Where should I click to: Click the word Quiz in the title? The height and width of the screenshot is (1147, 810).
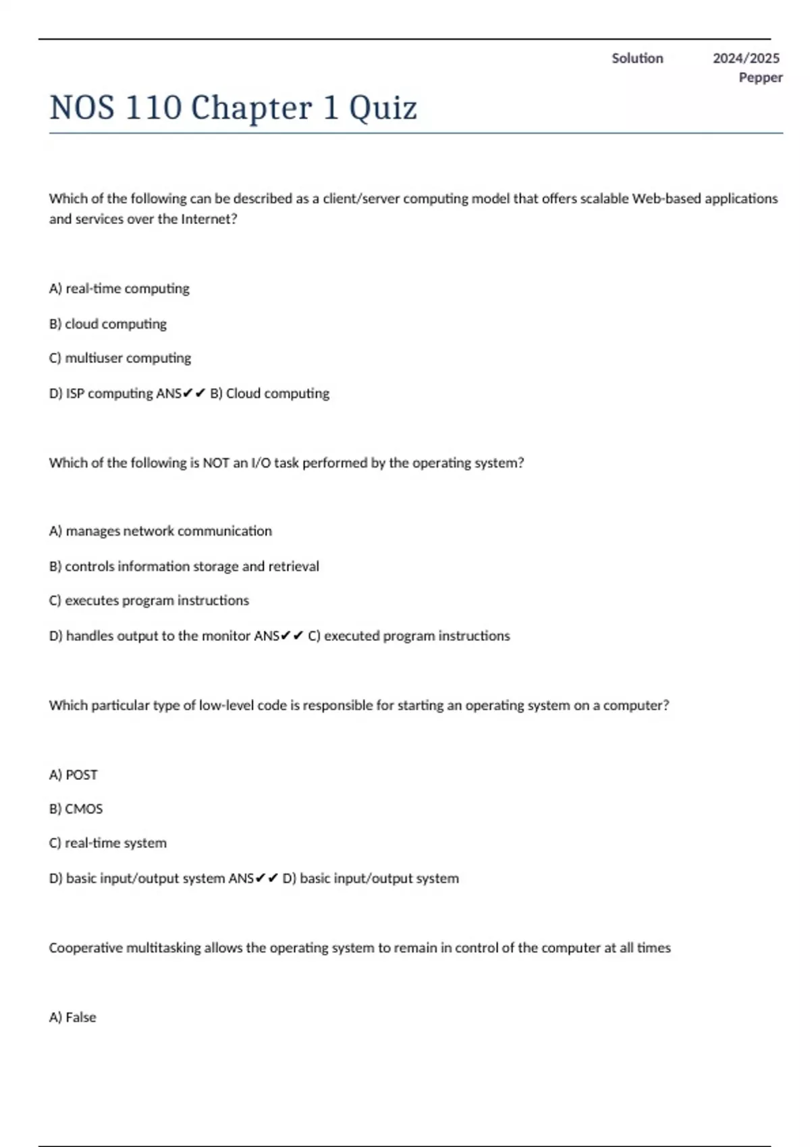point(383,108)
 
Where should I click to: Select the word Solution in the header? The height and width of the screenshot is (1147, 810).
point(637,59)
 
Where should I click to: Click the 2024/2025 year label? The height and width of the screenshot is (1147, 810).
point(746,59)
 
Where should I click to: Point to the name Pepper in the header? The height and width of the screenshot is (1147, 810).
point(760,78)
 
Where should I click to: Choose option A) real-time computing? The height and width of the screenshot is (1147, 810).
point(119,289)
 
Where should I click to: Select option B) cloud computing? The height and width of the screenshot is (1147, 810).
point(108,324)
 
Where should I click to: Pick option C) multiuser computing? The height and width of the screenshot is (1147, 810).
point(120,358)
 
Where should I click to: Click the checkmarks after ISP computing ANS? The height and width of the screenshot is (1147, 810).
point(194,393)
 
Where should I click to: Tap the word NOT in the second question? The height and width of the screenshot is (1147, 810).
point(216,463)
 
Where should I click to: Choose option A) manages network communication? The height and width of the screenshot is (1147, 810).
point(161,531)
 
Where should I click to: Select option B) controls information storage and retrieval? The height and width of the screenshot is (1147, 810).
point(184,566)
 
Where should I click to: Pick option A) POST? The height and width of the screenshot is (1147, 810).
point(74,775)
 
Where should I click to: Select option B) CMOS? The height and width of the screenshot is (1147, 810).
point(76,809)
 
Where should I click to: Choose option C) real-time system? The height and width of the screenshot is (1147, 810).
point(108,843)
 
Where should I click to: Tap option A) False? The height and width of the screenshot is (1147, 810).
point(73,1017)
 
